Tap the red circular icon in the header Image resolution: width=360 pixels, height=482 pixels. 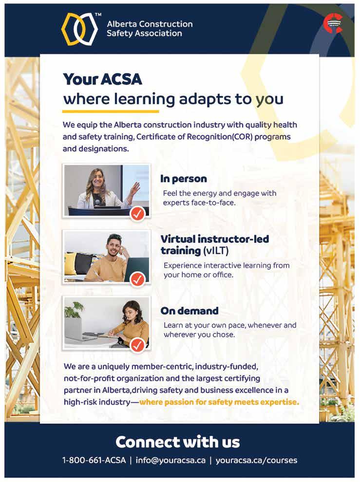[x=333, y=23]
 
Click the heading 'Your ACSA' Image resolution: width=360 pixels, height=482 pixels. [x=102, y=79]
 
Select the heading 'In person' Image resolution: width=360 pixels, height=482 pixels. [x=184, y=179]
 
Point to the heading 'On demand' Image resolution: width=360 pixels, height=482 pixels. [x=189, y=311]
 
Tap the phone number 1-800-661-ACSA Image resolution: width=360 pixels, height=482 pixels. [x=94, y=460]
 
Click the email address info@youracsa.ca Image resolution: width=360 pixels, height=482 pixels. [x=171, y=460]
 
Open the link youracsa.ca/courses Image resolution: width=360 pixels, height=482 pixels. [x=256, y=460]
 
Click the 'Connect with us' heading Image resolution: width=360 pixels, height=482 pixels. [x=178, y=442]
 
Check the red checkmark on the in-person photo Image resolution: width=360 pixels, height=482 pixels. [x=138, y=213]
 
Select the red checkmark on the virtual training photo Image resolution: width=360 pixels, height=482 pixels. [x=138, y=279]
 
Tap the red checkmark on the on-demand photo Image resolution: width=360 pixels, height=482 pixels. [x=138, y=345]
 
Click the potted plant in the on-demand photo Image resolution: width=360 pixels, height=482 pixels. [x=75, y=310]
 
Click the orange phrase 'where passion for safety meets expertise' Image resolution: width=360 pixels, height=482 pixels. [x=219, y=403]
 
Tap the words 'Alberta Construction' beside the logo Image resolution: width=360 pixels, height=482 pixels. [x=150, y=24]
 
